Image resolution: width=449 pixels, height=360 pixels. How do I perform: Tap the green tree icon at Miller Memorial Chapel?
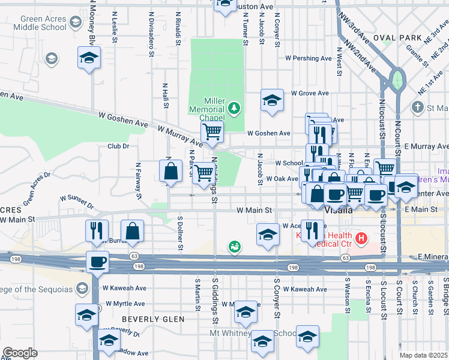click(235, 109)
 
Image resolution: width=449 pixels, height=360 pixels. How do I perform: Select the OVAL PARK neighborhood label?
click(394, 37)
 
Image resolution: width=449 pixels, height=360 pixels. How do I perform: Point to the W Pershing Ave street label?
click(309, 59)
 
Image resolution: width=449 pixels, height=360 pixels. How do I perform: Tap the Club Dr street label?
click(118, 146)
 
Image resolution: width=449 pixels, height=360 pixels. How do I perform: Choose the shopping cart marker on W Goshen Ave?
click(211, 132)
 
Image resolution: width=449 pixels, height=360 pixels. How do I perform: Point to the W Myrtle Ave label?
click(125, 304)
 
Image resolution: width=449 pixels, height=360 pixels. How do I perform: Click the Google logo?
click(20, 353)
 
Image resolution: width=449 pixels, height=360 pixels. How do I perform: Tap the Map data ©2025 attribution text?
click(423, 355)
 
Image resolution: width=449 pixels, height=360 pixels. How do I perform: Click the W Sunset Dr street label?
click(77, 200)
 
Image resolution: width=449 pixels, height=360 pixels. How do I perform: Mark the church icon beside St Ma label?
click(418, 107)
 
